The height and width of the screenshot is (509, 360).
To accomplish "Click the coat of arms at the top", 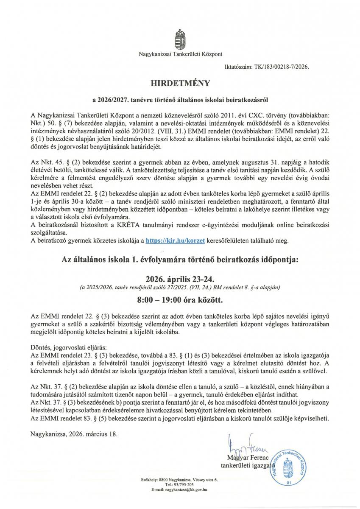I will tap(180, 39).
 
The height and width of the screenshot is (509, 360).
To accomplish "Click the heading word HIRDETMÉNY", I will tap(180, 82).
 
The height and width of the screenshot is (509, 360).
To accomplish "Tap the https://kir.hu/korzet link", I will tap(175, 241).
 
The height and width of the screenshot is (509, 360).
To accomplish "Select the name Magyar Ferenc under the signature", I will tap(243, 457).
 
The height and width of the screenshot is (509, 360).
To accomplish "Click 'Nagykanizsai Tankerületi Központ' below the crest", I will tap(180, 54).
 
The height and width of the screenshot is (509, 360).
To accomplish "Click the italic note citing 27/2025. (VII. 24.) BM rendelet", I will tap(180, 287).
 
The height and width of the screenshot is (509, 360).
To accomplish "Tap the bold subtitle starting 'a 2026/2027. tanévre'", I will tap(180, 100).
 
